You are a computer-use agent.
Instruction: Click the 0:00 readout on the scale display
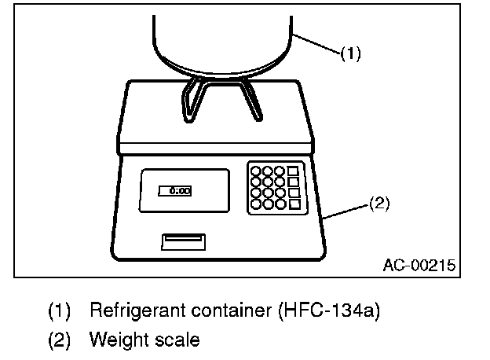click(x=175, y=190)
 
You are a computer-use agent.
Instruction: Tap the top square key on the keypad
click(x=294, y=171)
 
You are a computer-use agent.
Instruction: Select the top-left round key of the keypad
click(x=256, y=170)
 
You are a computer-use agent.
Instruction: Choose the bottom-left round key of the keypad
click(x=256, y=204)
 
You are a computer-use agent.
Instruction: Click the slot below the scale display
click(x=183, y=241)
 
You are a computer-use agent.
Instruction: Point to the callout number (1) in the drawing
click(x=351, y=54)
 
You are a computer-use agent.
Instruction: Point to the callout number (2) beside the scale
click(x=378, y=204)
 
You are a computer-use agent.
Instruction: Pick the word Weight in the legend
click(x=116, y=340)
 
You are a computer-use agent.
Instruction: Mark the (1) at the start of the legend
click(x=60, y=310)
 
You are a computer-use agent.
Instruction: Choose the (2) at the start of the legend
click(x=60, y=340)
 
